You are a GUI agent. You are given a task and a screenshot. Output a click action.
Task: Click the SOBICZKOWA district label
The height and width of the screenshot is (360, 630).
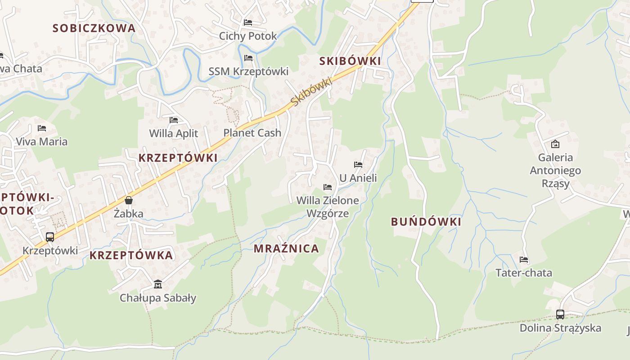(x=94, y=28)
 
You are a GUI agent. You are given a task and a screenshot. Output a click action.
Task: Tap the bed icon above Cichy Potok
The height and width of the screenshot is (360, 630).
(x=248, y=22)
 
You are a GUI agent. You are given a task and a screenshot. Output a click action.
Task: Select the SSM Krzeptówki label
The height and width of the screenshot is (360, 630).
(x=248, y=71)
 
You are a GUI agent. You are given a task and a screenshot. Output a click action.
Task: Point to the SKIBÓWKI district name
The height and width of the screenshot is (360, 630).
(x=350, y=61)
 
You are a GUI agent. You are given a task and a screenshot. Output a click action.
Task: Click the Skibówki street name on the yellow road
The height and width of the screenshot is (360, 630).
(x=311, y=92)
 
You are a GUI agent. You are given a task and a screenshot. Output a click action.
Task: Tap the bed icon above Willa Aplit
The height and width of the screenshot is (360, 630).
(x=174, y=120)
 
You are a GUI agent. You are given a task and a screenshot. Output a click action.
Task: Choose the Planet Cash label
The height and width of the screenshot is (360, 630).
(x=252, y=133)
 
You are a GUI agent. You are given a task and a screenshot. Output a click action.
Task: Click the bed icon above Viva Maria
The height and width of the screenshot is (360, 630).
(x=42, y=128)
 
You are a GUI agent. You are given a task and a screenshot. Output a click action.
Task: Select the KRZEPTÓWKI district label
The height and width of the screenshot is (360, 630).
(x=178, y=158)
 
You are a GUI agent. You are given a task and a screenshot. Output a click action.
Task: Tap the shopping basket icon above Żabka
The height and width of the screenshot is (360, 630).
(x=129, y=200)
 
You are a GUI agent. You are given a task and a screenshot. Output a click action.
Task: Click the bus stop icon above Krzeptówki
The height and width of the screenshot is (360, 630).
(x=50, y=237)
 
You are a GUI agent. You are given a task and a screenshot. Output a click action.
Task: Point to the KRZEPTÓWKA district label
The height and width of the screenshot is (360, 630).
(x=131, y=255)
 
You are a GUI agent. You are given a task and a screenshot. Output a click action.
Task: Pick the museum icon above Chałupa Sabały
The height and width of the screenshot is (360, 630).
(x=158, y=284)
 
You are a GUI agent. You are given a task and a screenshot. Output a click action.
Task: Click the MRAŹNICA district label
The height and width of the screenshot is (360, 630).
(x=286, y=248)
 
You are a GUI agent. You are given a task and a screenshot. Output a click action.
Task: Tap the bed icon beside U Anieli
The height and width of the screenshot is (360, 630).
(x=358, y=165)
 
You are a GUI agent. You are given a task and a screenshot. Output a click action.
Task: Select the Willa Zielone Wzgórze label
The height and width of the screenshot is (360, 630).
(x=328, y=207)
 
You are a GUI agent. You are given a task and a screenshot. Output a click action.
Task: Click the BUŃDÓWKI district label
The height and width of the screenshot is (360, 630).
(x=426, y=221)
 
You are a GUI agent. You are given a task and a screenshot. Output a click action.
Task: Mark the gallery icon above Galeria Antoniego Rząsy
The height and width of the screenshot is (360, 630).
(x=555, y=144)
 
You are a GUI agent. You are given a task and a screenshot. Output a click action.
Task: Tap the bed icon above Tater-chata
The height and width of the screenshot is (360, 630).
(x=524, y=260)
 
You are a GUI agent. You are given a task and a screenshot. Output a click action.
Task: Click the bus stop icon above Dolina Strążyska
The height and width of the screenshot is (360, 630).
(x=560, y=314)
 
